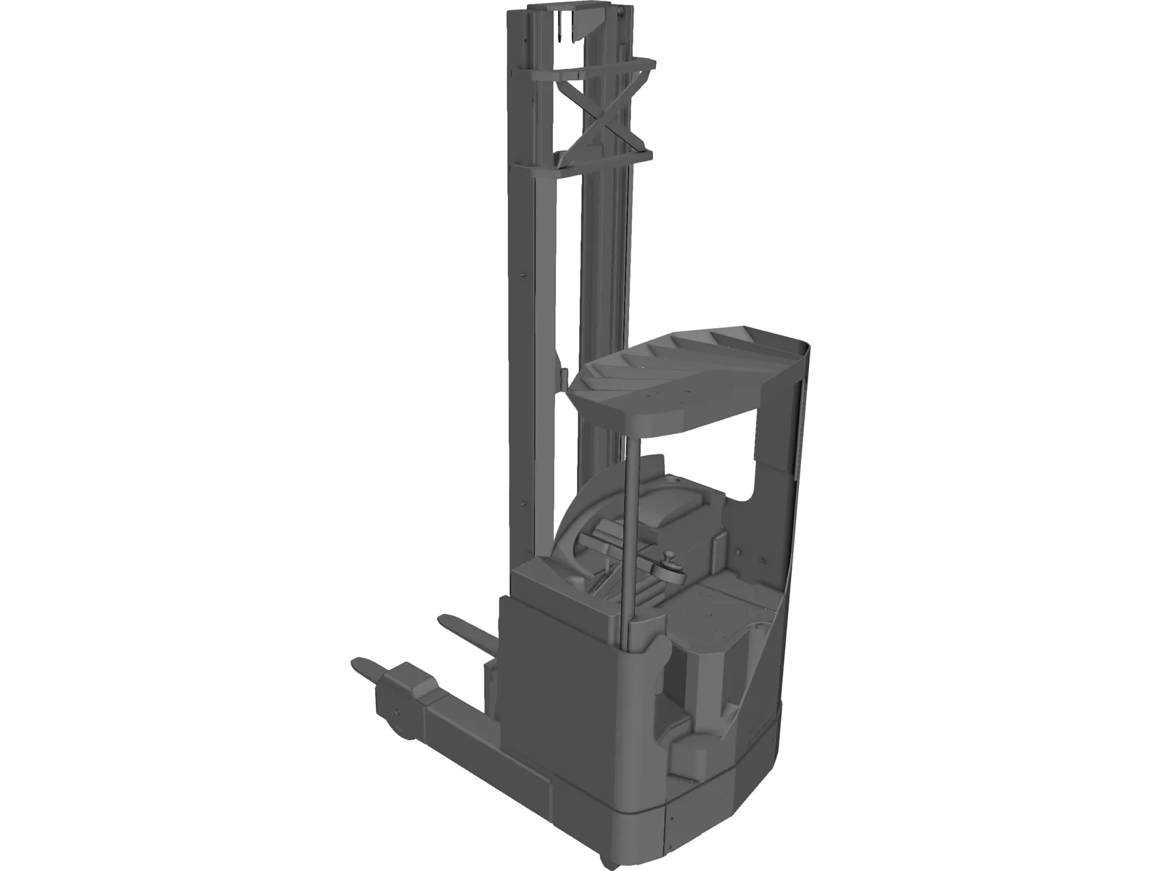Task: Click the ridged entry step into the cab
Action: point(689,755)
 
